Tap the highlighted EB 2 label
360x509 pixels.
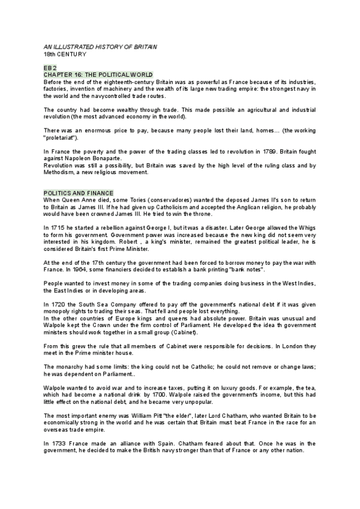[x=52, y=68]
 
